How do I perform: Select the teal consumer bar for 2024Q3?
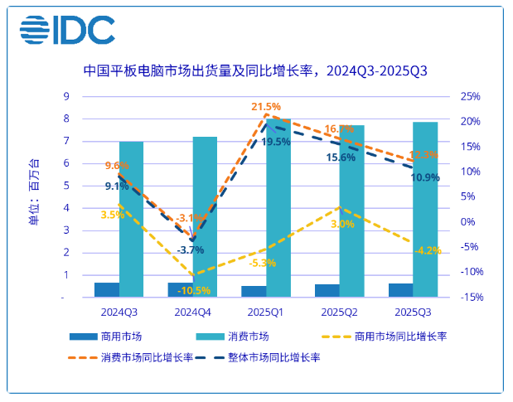tap(131, 219)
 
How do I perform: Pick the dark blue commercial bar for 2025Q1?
tap(254, 291)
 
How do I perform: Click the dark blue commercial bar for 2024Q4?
tap(180, 289)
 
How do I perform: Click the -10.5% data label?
tap(194, 290)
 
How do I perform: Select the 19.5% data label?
tap(276, 142)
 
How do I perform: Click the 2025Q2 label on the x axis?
tap(339, 312)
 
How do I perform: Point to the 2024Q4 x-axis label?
tap(192, 312)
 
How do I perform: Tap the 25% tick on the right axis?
tap(469, 96)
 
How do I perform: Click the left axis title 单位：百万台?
tap(33, 192)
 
